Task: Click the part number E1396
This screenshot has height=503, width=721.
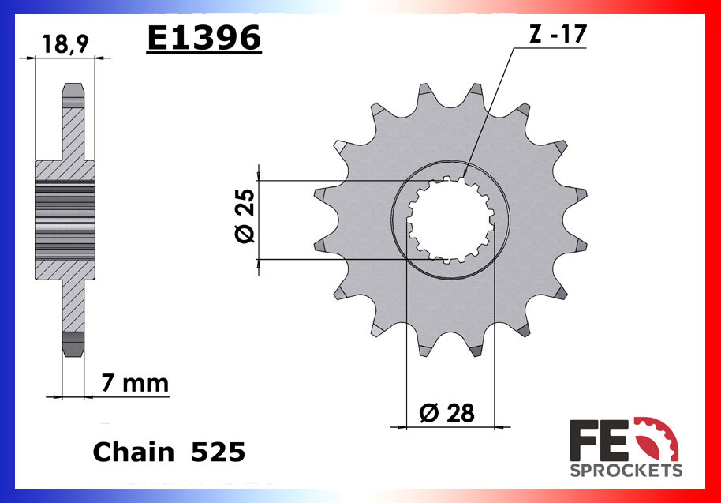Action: pyautogui.click(x=204, y=37)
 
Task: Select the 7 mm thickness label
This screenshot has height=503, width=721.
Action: pyautogui.click(x=135, y=384)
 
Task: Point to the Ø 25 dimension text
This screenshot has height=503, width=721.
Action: pyautogui.click(x=243, y=218)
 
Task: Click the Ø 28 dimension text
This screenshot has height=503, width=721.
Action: pyautogui.click(x=447, y=413)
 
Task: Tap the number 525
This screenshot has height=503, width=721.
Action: pyautogui.click(x=219, y=452)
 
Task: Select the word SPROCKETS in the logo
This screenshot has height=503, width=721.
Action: pyautogui.click(x=626, y=471)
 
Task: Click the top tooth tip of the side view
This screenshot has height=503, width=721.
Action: pyautogui.click(x=72, y=93)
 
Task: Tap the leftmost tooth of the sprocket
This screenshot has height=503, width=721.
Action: pyautogui.click(x=320, y=194)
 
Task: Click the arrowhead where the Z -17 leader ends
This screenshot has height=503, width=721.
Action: pyautogui.click(x=465, y=173)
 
